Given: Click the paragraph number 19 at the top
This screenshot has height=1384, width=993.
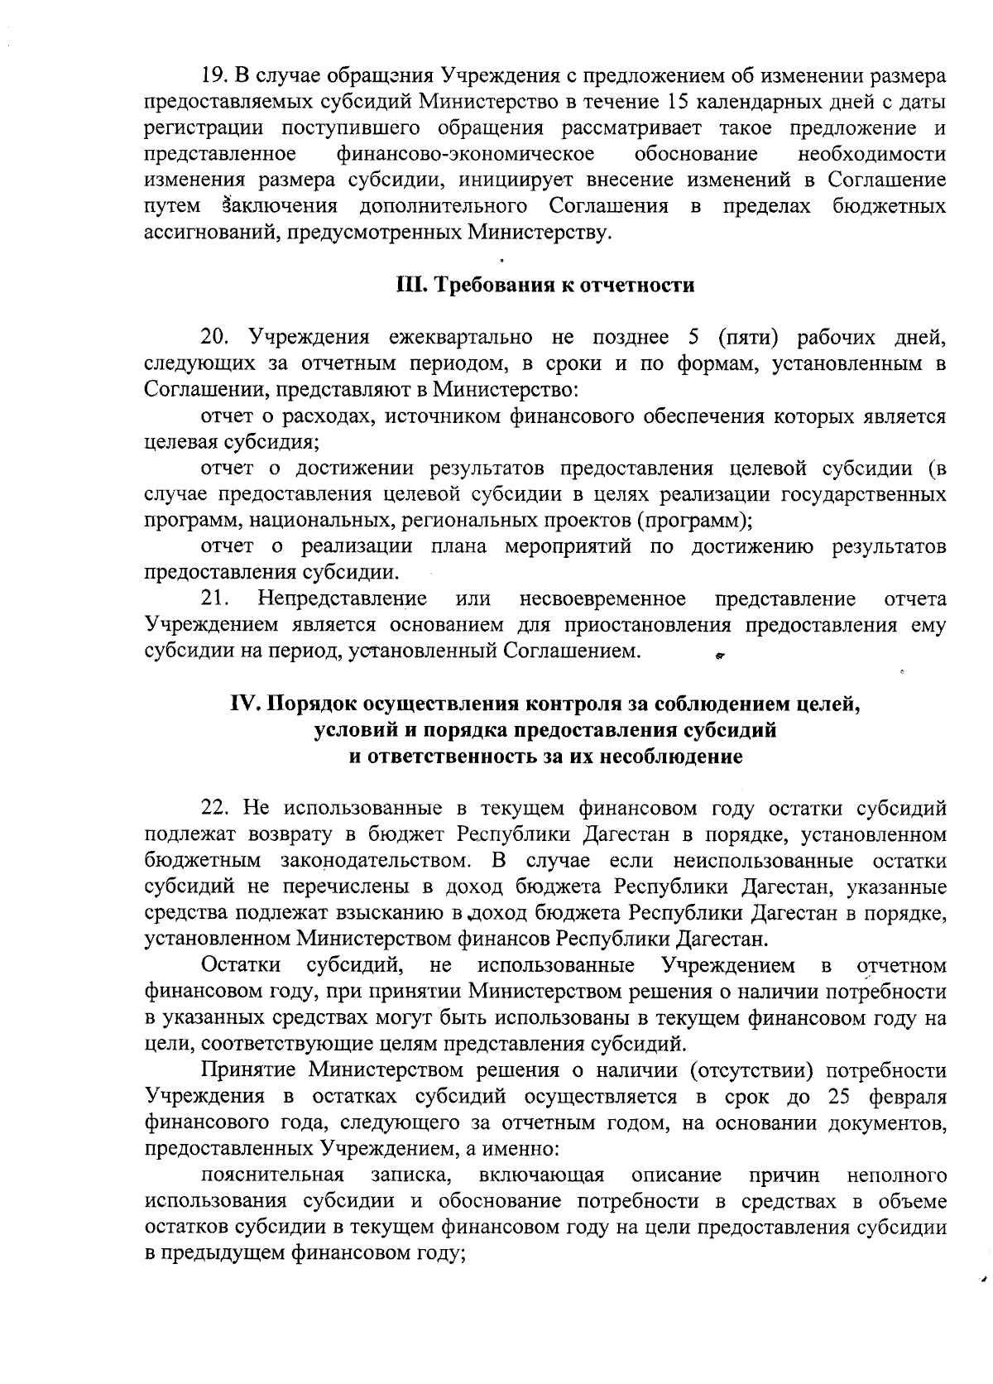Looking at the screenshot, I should [x=213, y=77].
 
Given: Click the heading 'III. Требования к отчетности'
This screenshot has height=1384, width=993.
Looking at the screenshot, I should [x=544, y=286].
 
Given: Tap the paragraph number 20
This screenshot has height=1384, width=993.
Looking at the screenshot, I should [x=213, y=338].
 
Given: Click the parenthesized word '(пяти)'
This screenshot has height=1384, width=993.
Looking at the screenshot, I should [x=751, y=338].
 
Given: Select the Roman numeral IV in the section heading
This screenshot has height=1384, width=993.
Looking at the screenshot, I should [x=245, y=704].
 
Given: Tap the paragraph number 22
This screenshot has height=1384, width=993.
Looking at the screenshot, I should [x=213, y=809].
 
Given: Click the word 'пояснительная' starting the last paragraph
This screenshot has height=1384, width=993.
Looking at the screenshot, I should [x=272, y=1175].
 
